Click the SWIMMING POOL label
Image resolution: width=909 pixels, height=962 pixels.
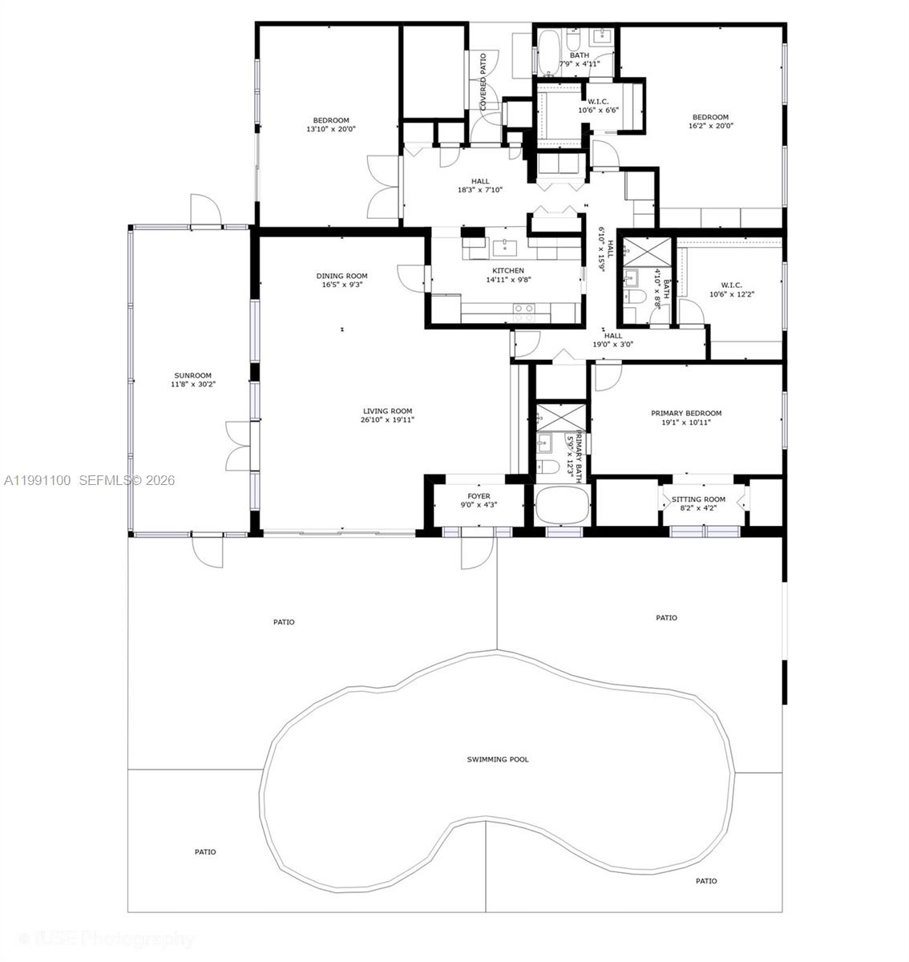click(498, 759)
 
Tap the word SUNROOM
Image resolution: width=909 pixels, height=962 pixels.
click(192, 375)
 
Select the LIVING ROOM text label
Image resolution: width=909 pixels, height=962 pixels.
click(387, 411)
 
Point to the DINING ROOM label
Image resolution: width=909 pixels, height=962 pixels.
click(341, 276)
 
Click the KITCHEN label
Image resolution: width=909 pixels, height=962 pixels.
click(508, 271)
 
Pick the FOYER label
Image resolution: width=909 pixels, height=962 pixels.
click(479, 496)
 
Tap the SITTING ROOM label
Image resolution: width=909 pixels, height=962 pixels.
click(698, 499)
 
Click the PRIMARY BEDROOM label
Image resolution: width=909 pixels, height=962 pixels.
click(686, 414)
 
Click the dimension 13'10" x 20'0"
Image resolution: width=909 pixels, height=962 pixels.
click(330, 129)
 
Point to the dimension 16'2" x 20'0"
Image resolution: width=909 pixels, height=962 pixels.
click(710, 126)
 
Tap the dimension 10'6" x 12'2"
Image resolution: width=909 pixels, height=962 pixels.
click(731, 294)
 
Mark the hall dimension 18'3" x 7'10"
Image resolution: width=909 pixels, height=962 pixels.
click(479, 190)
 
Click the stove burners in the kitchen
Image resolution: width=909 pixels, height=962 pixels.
click(523, 308)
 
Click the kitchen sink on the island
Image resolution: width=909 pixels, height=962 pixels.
click(507, 246)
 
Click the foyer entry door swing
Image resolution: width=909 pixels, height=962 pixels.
click(479, 552)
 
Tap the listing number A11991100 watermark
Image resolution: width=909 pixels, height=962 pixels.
click(38, 480)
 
